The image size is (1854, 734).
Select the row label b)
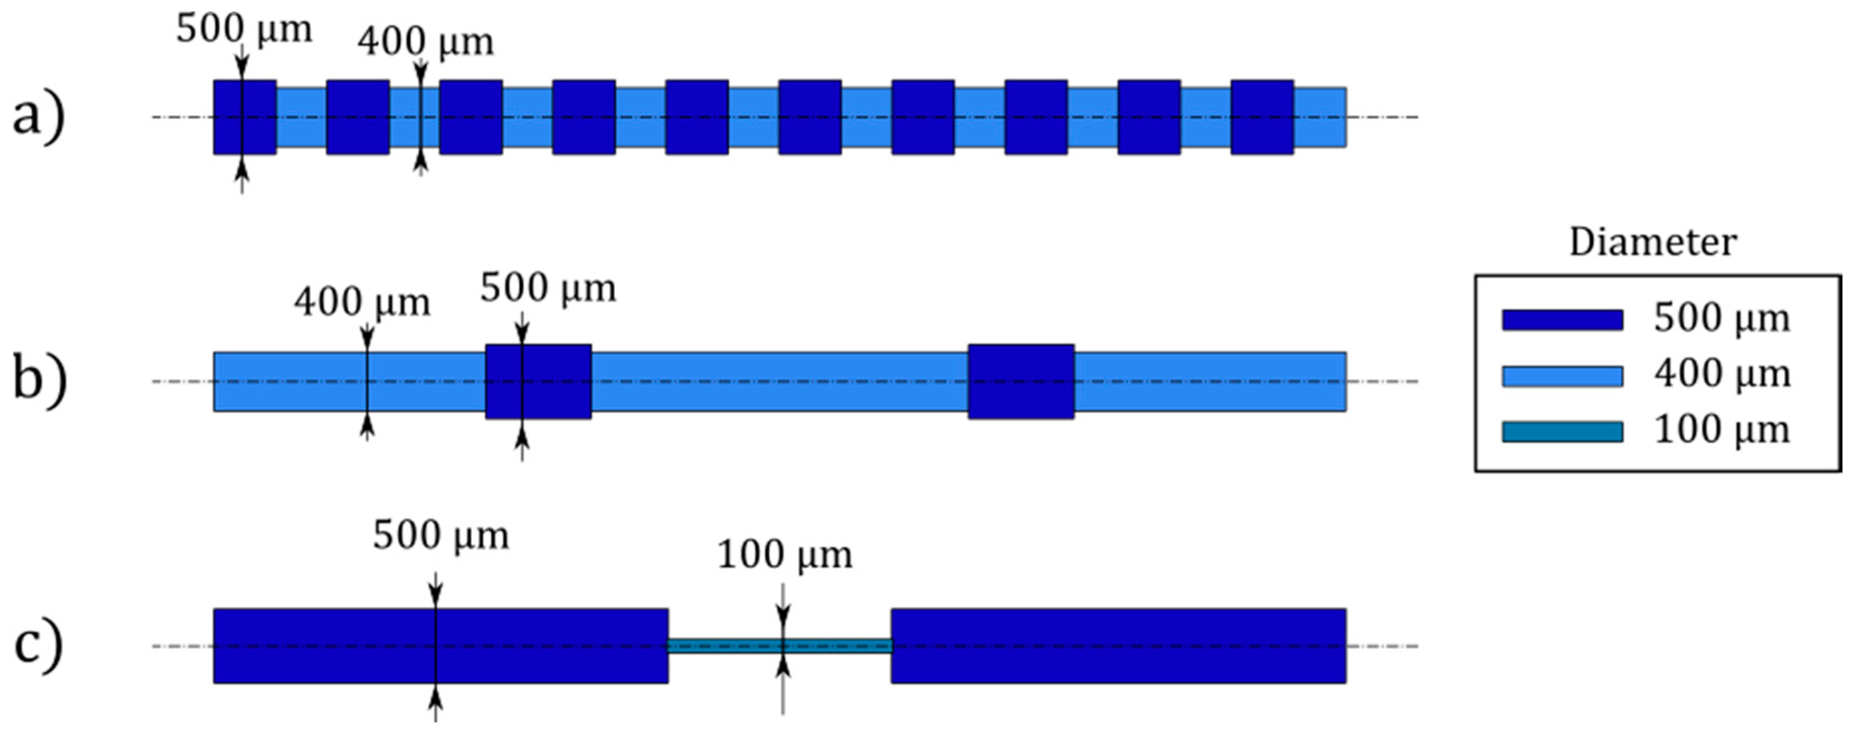[40, 380]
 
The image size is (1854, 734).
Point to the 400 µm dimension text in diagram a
[425, 42]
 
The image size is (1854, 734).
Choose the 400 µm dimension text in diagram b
[361, 303]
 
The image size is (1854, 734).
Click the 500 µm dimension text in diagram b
[548, 289]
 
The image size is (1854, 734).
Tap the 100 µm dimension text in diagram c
[785, 555]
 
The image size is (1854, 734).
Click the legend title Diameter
[1652, 243]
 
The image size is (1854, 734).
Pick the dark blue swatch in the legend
[1562, 320]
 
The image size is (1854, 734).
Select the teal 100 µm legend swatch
[1562, 432]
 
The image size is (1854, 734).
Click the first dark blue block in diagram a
[245, 117]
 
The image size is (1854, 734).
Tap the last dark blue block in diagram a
[1262, 117]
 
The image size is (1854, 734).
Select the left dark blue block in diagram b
[538, 382]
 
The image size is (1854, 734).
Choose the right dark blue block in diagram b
[1021, 382]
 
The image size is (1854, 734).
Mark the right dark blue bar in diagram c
[1118, 646]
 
